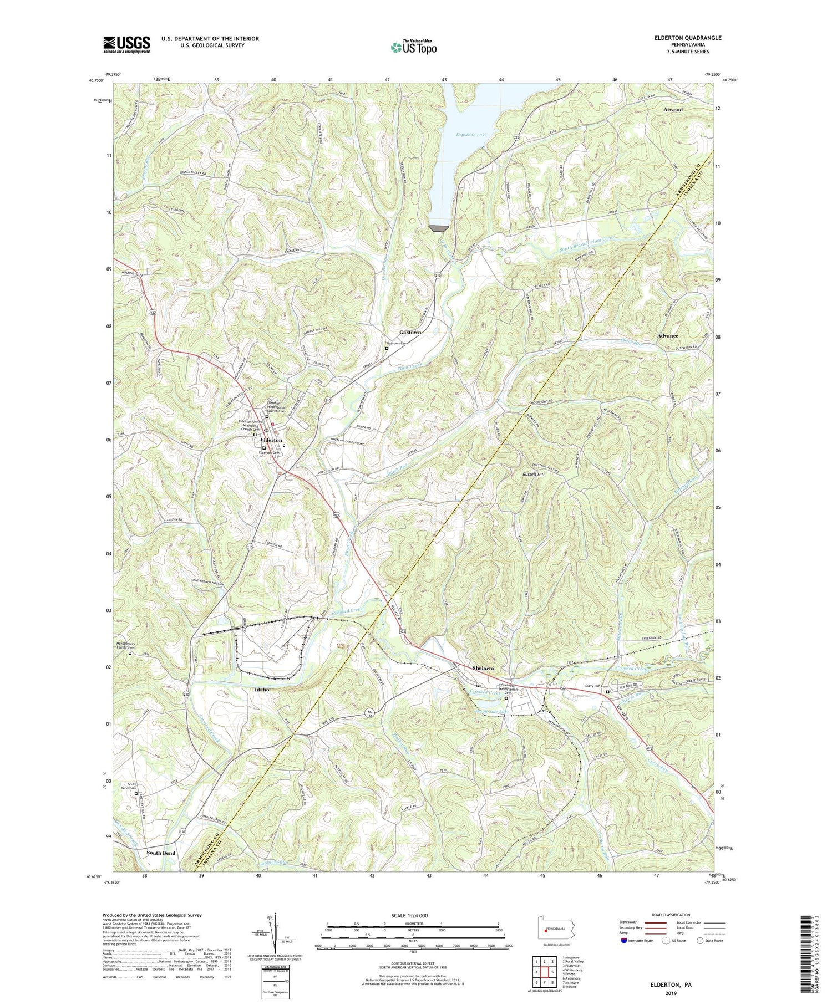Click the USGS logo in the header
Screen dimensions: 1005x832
[x=126, y=44]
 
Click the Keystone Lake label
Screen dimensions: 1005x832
[x=471, y=135]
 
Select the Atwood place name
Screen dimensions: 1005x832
[x=673, y=110]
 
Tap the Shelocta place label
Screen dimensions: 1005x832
[x=483, y=669]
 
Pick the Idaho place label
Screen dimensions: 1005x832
[x=262, y=690]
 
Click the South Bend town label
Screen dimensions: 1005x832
[x=161, y=853]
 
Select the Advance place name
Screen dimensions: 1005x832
[x=667, y=336]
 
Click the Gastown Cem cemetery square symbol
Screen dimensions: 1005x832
[x=387, y=349]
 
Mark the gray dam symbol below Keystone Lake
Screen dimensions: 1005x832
[x=439, y=228]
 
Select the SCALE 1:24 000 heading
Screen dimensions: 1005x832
[x=413, y=915]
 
